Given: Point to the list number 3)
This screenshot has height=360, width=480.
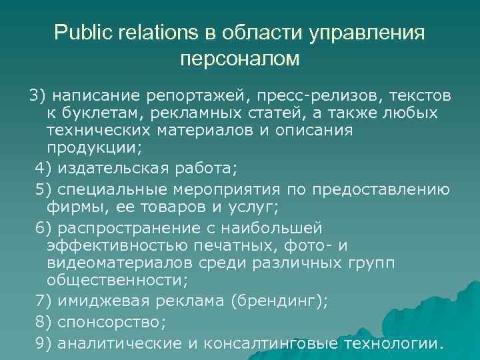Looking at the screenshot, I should point(38,95).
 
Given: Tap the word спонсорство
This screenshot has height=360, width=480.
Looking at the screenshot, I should point(112,322).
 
